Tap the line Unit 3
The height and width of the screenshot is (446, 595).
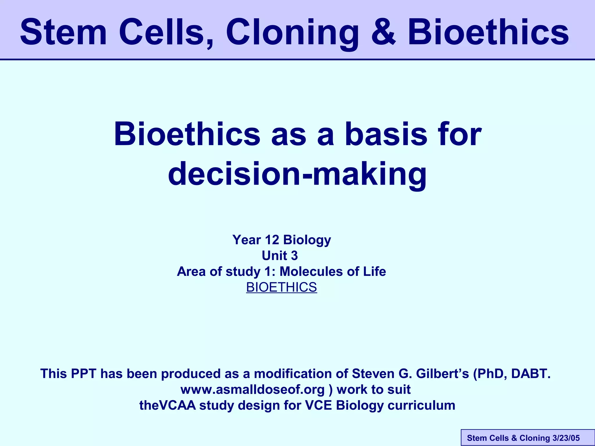[280, 256]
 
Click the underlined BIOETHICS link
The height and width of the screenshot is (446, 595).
[282, 287]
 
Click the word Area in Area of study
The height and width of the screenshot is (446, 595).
[191, 271]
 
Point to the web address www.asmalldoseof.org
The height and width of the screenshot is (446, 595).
[252, 390]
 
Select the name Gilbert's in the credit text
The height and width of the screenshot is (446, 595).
[442, 374]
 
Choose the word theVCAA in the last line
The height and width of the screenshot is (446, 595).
[167, 406]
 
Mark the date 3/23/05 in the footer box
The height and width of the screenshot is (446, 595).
[566, 438]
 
